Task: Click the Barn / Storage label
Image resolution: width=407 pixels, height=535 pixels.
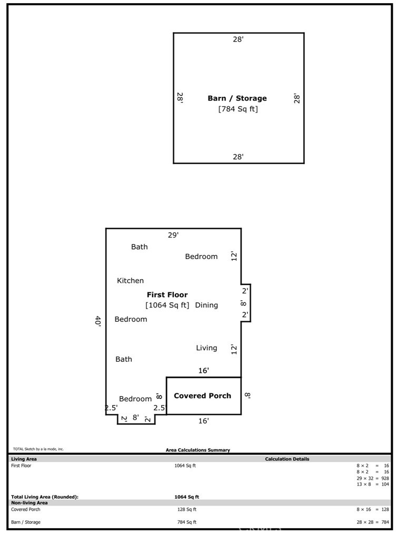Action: coord(237,98)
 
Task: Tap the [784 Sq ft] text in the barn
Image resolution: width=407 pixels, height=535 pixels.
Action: coord(238,109)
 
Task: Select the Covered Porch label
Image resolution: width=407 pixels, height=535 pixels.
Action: coord(202,396)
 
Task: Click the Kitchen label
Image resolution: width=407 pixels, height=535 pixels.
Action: coord(131,281)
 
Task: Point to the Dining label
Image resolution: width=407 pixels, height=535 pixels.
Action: coord(206,305)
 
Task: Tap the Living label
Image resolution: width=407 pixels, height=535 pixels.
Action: coord(206,348)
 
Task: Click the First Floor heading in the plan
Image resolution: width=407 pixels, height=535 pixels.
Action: coord(167,295)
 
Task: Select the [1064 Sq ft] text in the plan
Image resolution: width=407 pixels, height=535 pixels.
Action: coord(167,305)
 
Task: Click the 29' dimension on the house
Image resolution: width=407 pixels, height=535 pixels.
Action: coord(173,235)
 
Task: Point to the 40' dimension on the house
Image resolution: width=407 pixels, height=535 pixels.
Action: coord(98,321)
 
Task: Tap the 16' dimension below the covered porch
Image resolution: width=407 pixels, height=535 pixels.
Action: coord(203,421)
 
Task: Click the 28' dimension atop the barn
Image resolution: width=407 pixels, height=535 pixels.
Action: coord(238,39)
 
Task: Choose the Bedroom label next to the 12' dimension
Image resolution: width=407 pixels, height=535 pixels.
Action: coord(201,256)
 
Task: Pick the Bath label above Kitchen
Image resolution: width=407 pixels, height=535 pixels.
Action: coord(139,246)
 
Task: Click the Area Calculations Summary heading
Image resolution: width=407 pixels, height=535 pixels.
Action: coord(198,450)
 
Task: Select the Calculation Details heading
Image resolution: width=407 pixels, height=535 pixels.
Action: coord(287,459)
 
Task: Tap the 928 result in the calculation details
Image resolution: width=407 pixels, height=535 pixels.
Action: coord(385,478)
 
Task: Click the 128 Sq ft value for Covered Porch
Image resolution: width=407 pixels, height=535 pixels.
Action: coord(186,509)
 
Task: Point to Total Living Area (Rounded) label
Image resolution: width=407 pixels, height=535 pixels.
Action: coord(45,497)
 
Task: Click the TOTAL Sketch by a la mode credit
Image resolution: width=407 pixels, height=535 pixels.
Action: coord(38,449)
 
